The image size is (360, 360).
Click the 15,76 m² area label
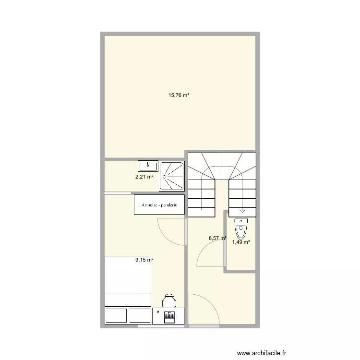[179, 95]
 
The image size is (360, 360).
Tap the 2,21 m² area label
[144, 177]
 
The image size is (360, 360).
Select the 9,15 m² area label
[144, 260]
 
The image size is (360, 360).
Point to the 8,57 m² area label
[217, 238]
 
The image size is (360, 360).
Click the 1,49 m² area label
[241, 242]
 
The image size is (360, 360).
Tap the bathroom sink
[148, 166]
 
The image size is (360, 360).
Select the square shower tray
[172, 176]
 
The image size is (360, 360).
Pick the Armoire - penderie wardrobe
[159, 204]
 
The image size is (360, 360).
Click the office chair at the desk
[168, 301]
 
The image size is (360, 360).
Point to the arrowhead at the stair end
[242, 210]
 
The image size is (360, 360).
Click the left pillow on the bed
[116, 316]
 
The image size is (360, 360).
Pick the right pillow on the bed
[139, 316]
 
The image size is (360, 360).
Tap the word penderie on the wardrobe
[169, 205]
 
